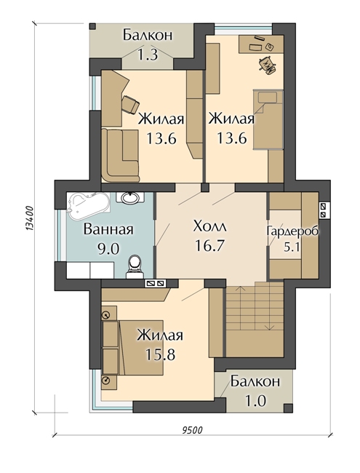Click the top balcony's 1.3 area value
(x=148, y=54)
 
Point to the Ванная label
(x=108, y=230)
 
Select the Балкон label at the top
(x=148, y=34)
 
